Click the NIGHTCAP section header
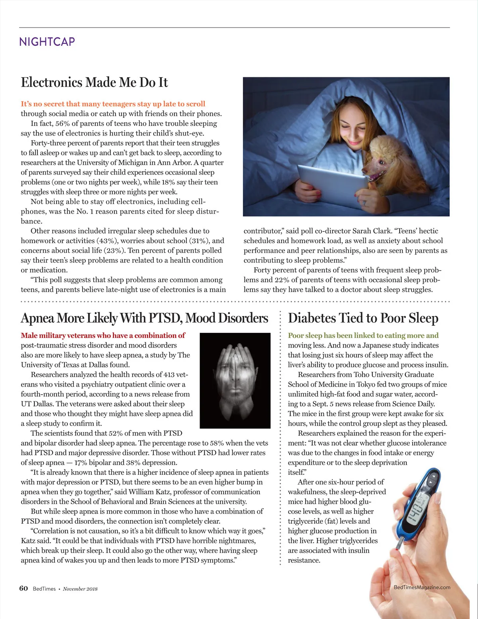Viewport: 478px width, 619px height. pos(47,41)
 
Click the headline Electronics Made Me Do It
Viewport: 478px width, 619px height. pos(94,83)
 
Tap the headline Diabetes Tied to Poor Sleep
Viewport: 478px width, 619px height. pos(363,318)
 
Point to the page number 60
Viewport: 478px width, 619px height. pos(24,588)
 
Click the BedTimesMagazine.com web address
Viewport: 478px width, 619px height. pos(422,587)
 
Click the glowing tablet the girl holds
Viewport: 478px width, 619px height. pos(332,182)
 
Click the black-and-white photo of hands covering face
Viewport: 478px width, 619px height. pos(235,380)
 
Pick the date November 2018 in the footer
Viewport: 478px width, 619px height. pos(80,589)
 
